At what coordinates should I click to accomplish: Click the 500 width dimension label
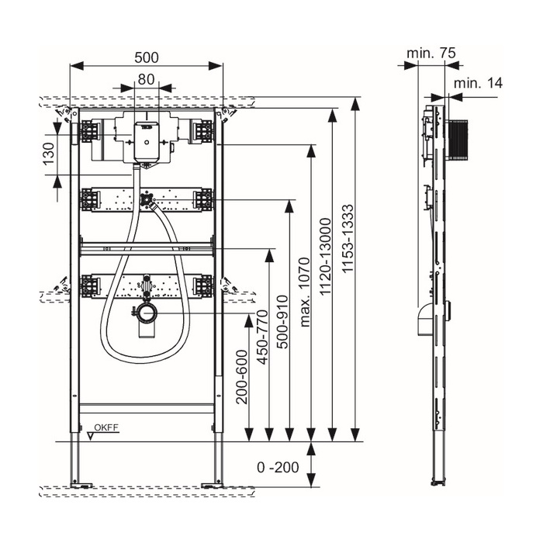coord(146,57)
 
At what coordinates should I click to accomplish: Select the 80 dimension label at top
coord(146,78)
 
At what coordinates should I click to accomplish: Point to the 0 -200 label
coord(277,468)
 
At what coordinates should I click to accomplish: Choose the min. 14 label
coord(478,82)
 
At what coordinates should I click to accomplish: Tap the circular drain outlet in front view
coord(145,313)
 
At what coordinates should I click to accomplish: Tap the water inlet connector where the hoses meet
coord(146,200)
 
